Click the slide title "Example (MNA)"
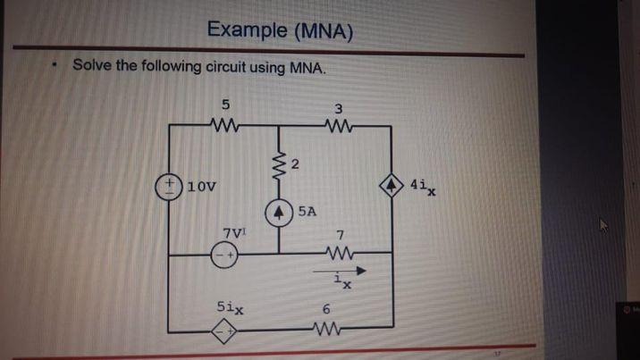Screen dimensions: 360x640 click(x=279, y=30)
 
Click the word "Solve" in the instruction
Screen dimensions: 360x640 click(x=92, y=66)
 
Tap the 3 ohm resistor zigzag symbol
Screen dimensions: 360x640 click(x=338, y=127)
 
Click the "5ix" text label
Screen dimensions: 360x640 click(x=229, y=306)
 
